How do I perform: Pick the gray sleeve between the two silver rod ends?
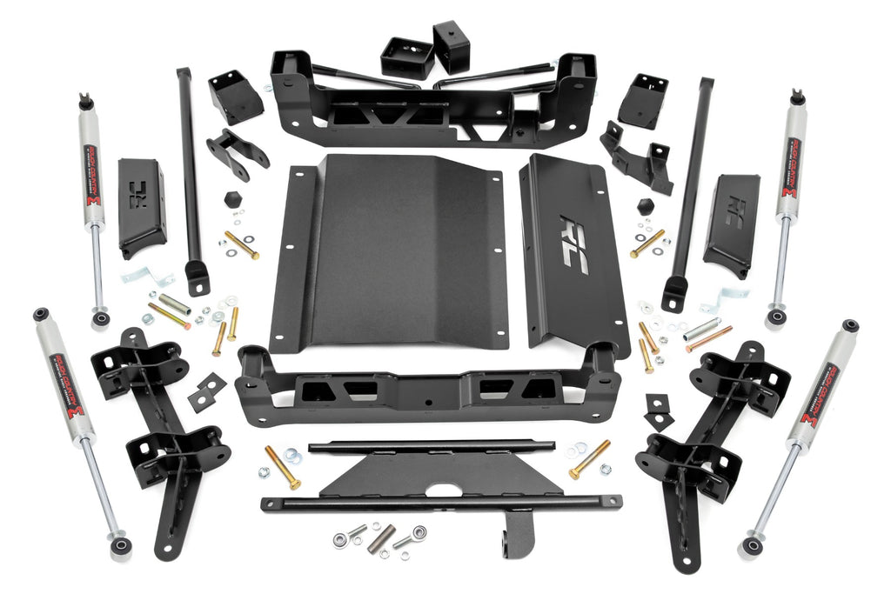pyautogui.click(x=380, y=538)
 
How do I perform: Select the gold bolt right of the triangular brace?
pyautogui.click(x=589, y=458)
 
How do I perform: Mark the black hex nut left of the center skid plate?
pyautogui.click(x=231, y=199)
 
